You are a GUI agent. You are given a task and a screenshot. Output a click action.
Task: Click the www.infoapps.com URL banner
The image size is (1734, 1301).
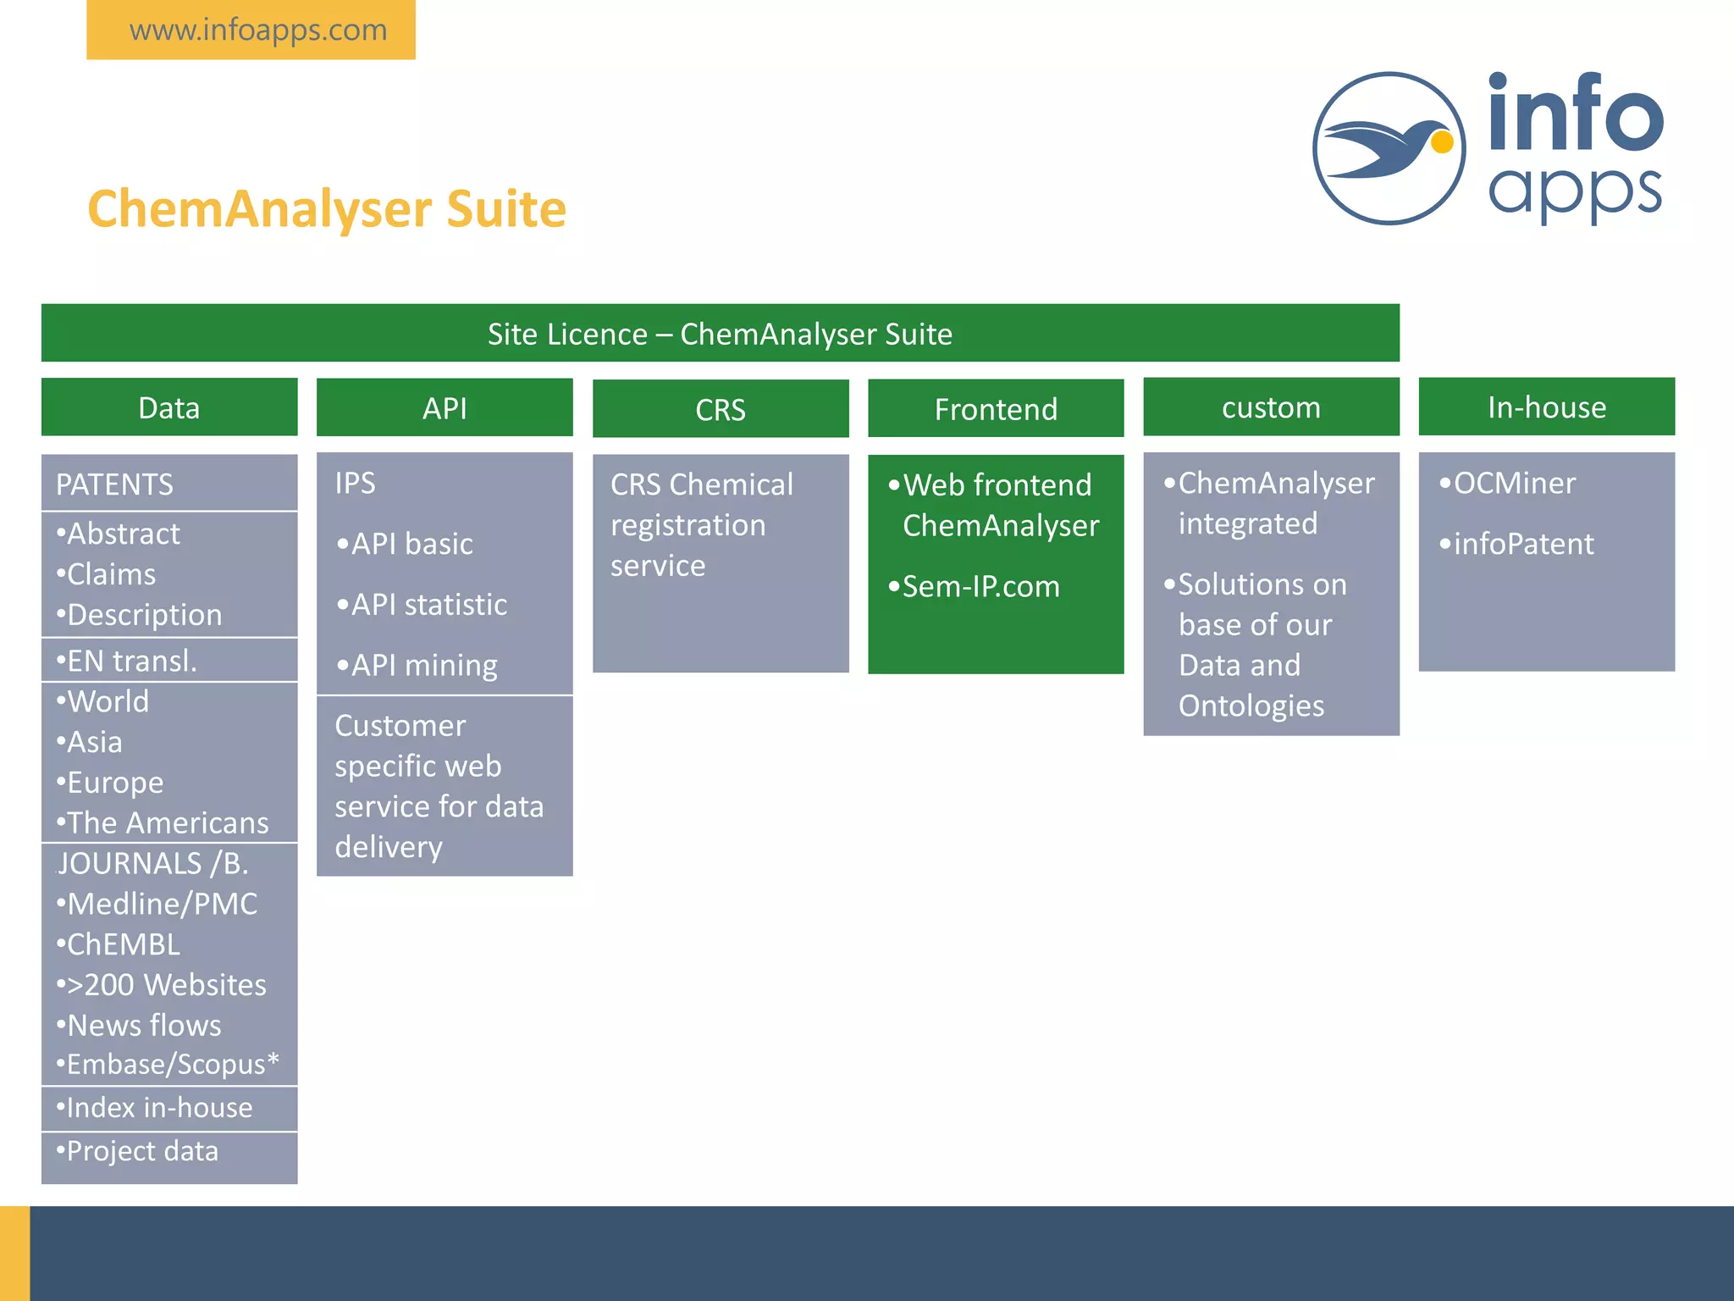click(x=257, y=30)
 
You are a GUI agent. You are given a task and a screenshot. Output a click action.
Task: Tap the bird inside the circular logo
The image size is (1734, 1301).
click(x=1389, y=149)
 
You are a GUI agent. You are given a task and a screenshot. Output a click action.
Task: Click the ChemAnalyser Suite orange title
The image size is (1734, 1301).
click(x=327, y=209)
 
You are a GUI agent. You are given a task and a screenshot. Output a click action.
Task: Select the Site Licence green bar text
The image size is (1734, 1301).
click(x=720, y=334)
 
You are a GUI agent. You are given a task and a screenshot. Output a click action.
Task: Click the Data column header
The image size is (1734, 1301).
click(x=169, y=408)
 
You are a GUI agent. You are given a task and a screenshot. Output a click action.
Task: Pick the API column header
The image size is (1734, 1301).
click(x=445, y=408)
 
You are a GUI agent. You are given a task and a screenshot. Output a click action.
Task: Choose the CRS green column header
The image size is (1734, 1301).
click(x=721, y=410)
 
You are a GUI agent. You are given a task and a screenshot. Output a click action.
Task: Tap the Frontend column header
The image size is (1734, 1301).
click(x=996, y=410)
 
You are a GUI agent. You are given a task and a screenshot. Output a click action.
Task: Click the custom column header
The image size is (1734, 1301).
click(x=1271, y=407)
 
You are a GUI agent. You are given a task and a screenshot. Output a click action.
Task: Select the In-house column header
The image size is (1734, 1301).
click(x=1547, y=407)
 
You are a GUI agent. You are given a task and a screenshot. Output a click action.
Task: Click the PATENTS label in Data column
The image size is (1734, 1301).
click(x=114, y=484)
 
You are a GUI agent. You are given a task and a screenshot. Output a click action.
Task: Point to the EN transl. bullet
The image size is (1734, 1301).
click(x=127, y=661)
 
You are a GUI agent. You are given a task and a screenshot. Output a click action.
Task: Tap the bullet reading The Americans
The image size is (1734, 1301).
click(x=163, y=822)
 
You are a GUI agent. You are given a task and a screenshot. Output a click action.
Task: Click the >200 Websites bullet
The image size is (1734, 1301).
click(x=163, y=985)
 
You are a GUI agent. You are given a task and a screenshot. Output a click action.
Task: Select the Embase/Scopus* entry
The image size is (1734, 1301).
click(x=168, y=1065)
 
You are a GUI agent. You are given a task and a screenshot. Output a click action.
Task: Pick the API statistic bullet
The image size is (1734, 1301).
click(x=422, y=605)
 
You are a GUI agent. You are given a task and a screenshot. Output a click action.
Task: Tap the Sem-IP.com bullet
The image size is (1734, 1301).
click(x=975, y=587)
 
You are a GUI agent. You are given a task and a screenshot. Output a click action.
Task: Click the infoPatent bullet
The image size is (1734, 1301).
click(x=1517, y=544)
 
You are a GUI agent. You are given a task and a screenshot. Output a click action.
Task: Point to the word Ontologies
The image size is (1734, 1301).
click(x=1251, y=706)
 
